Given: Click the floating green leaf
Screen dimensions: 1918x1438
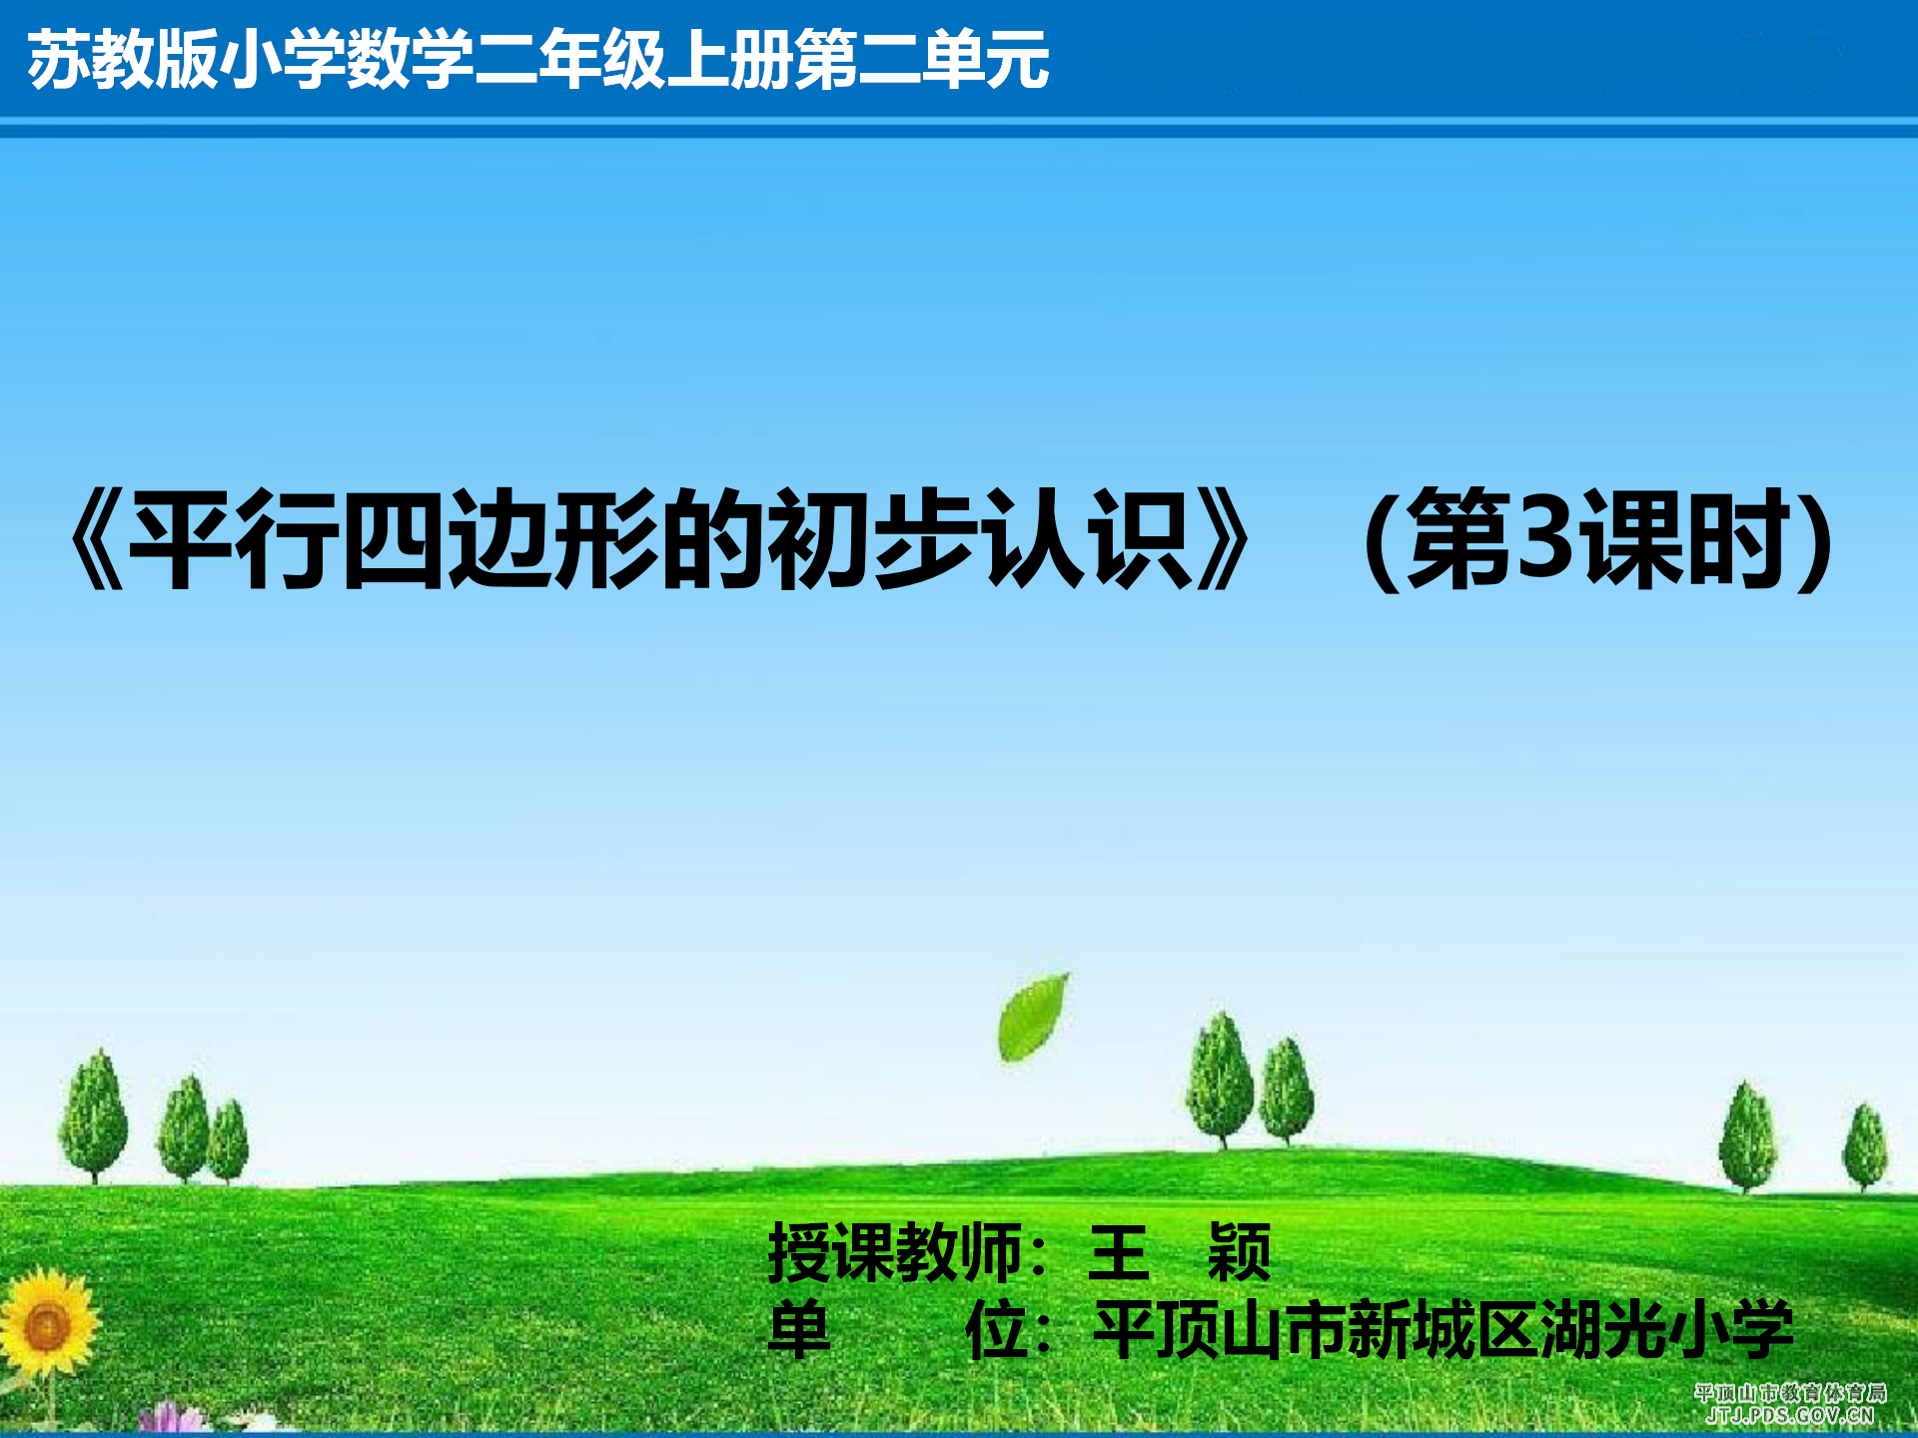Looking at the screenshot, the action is tap(1033, 1017).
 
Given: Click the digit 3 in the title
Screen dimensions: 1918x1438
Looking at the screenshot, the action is tap(1544, 537).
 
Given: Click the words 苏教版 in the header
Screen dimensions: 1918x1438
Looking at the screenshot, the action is tap(122, 60).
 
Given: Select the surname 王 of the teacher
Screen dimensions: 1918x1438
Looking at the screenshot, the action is tap(1119, 1252).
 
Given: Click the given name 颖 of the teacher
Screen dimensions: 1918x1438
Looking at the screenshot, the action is tap(1239, 1252).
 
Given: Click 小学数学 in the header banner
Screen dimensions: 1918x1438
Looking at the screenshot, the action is tap(345, 60).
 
